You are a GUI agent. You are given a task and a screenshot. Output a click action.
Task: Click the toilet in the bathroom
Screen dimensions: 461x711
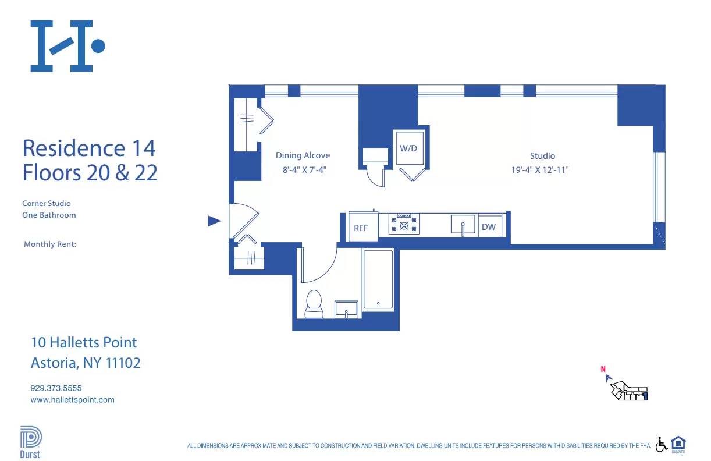314,303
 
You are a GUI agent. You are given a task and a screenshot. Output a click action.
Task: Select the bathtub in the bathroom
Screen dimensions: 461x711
378,279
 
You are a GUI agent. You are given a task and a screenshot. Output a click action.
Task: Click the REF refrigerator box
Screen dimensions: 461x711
361,228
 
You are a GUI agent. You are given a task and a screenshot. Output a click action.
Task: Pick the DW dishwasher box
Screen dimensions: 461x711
489,226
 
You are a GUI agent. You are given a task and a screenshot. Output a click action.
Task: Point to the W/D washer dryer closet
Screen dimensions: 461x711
408,149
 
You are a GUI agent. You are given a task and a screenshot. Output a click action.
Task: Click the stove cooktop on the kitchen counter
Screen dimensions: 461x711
404,224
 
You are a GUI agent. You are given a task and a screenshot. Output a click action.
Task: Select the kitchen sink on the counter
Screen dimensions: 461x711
463,225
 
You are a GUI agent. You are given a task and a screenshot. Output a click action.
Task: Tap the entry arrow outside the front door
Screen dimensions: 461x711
215,221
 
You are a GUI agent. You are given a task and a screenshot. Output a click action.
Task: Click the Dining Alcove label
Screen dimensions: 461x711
303,155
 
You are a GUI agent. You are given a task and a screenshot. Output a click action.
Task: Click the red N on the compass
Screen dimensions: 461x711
603,369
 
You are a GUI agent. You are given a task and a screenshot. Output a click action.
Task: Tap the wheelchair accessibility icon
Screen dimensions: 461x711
662,445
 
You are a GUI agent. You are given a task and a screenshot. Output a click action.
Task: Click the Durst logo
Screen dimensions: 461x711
31,442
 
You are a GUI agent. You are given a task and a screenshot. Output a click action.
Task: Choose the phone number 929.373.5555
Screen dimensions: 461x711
56,388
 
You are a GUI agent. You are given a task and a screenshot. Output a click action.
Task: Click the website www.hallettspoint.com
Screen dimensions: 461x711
72,400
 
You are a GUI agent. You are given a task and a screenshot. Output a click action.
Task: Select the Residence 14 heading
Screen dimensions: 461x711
89,148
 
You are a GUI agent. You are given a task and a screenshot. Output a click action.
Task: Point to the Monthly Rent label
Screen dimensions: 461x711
50,244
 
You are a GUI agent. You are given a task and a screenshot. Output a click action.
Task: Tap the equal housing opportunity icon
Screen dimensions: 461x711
678,444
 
